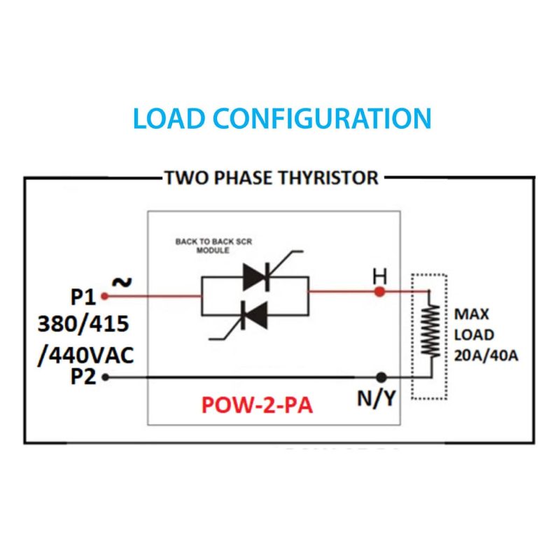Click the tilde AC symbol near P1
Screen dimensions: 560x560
(x=121, y=281)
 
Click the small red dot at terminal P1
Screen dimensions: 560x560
(x=104, y=296)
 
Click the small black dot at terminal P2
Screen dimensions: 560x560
(x=105, y=377)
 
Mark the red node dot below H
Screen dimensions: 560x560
(x=379, y=291)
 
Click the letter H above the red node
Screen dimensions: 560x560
(x=379, y=275)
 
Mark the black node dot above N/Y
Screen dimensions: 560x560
(x=381, y=377)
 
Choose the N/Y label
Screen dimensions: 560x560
(x=378, y=399)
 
